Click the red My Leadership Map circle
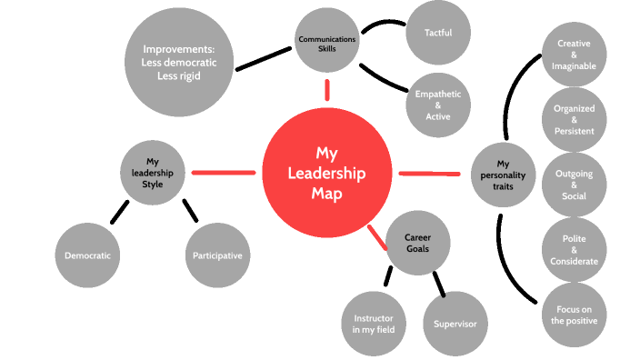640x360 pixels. click(x=326, y=173)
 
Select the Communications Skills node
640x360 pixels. click(x=327, y=43)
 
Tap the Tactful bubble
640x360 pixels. click(x=438, y=33)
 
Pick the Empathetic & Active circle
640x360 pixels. click(x=438, y=104)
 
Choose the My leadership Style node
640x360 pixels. click(x=154, y=172)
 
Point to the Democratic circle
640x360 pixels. click(x=88, y=255)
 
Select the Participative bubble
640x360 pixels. click(x=217, y=255)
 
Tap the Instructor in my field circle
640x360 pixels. click(x=372, y=323)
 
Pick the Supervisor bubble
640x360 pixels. click(x=455, y=323)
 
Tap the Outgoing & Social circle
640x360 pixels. click(x=575, y=186)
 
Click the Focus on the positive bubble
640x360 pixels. click(x=575, y=314)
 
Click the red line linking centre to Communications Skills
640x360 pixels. click(x=327, y=89)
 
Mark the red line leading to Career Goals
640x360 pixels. click(x=378, y=238)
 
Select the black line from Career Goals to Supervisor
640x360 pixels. click(x=439, y=283)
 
